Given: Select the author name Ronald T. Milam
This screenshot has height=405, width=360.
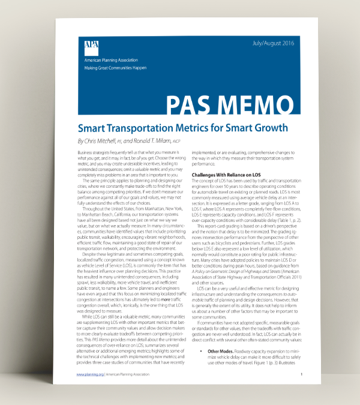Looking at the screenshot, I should point(175,142).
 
